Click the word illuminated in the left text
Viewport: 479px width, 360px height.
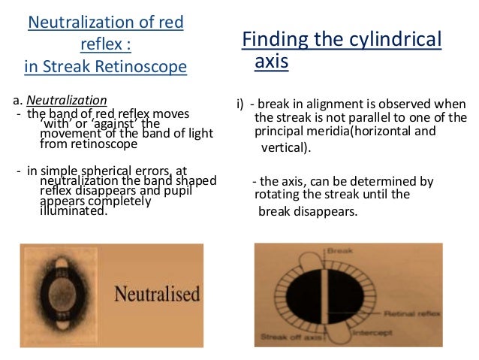click(x=73, y=211)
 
